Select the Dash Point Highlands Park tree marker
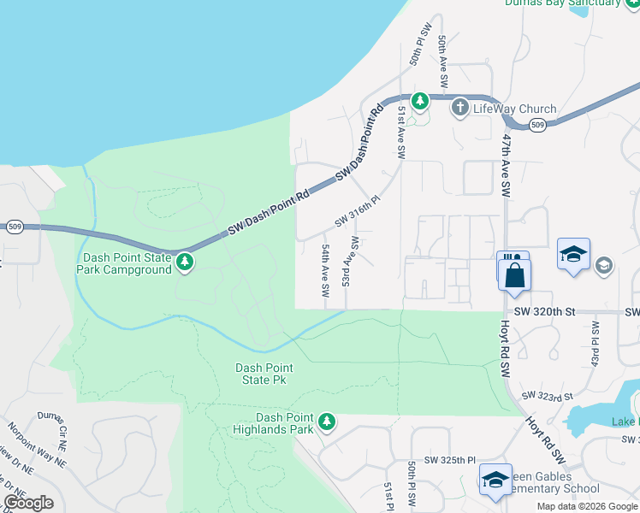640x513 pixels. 326,422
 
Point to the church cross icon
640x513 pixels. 460,107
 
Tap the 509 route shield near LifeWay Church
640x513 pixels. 536,126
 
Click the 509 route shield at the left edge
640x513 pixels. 15,227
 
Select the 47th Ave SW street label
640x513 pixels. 507,162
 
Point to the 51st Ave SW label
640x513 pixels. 400,133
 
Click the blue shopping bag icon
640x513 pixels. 515,275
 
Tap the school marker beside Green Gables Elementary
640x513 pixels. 495,480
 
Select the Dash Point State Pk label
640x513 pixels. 264,374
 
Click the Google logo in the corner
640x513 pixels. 28,503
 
